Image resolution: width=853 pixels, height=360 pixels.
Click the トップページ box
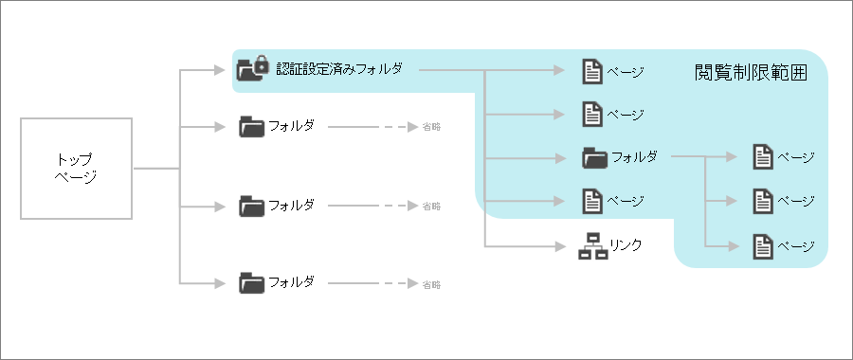(76, 170)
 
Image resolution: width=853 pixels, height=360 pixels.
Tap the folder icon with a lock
(251, 69)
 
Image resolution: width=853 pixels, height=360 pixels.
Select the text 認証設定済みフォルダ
(338, 69)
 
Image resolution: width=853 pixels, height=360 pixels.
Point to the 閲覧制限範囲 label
(751, 72)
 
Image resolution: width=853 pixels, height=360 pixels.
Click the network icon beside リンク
(592, 245)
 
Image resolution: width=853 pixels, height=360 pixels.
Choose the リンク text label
(626, 245)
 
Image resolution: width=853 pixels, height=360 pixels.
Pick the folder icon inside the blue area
(594, 157)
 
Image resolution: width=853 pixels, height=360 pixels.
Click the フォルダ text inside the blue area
(634, 157)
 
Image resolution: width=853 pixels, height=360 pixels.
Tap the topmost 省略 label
(431, 126)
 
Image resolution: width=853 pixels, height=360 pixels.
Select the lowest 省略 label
(431, 284)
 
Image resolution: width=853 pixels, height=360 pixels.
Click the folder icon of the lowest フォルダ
(252, 282)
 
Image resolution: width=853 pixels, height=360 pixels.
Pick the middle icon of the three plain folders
(252, 206)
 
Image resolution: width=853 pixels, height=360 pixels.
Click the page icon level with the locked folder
(591, 71)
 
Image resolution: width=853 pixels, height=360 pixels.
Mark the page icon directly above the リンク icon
(591, 201)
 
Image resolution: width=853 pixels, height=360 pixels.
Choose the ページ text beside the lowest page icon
(796, 246)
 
